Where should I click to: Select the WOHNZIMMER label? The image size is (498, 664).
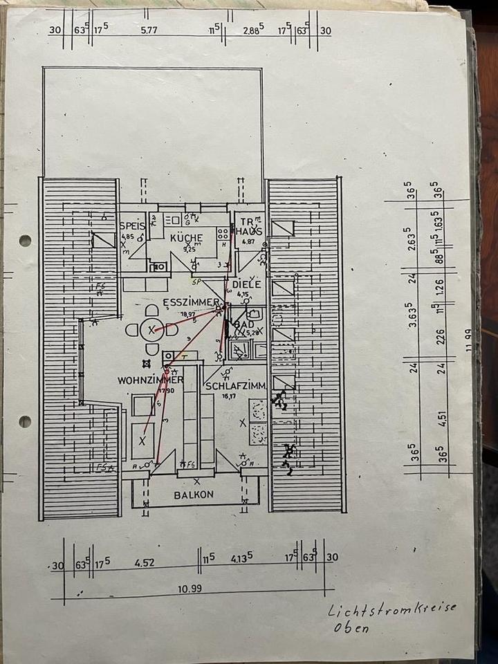coord(150,380)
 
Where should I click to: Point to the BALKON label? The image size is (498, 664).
coord(194,495)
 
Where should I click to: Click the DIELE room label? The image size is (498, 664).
coord(246,284)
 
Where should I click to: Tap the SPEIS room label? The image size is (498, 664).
coord(131,226)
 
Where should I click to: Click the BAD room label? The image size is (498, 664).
coord(244,324)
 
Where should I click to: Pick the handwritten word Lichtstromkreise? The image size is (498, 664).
coord(392,609)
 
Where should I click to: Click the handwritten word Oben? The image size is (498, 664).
coord(351,628)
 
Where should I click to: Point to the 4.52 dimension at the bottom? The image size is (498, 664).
coord(144,563)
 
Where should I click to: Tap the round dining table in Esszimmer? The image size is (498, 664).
coord(152,330)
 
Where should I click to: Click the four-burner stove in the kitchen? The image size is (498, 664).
coord(223,234)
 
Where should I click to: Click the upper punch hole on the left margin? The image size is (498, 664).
coord(25,241)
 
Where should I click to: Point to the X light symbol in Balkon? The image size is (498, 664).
coord(197,481)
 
